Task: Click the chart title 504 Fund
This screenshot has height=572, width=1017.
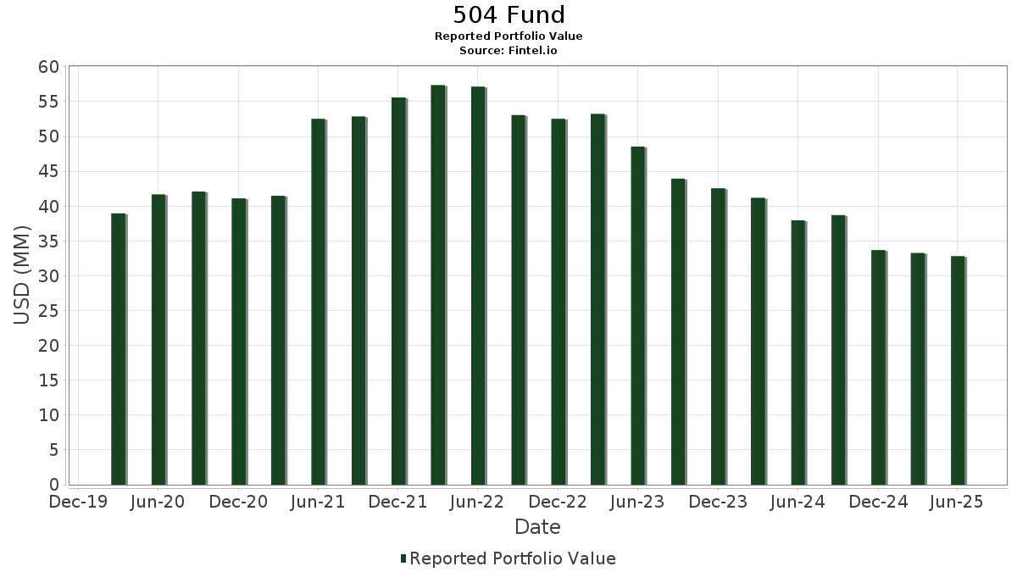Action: pos(508,15)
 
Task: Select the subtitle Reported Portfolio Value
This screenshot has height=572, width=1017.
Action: pos(508,36)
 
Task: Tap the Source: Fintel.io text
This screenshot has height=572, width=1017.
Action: pos(508,50)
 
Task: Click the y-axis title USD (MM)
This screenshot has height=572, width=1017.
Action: pos(21,275)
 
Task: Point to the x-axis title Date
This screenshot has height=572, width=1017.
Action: pos(537,527)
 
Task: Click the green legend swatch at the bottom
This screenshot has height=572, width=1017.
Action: pos(403,558)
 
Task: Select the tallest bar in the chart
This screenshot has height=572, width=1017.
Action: pos(439,285)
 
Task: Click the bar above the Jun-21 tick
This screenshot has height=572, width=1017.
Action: pos(319,302)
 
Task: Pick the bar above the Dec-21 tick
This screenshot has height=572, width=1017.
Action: pos(399,291)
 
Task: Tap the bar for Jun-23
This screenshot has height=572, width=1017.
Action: pos(638,316)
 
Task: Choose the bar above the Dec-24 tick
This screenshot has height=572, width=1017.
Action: pos(879,368)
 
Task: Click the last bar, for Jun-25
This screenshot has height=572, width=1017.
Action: pos(959,370)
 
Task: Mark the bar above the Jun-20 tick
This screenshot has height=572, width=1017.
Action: pos(159,340)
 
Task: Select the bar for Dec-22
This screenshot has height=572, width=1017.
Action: pos(559,302)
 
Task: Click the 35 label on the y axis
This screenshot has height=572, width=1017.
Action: pos(49,242)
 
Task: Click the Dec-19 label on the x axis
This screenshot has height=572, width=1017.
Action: pos(78,502)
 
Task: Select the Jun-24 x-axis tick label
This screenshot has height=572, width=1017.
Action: pos(797,502)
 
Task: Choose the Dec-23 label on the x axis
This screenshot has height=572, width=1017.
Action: pos(718,502)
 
